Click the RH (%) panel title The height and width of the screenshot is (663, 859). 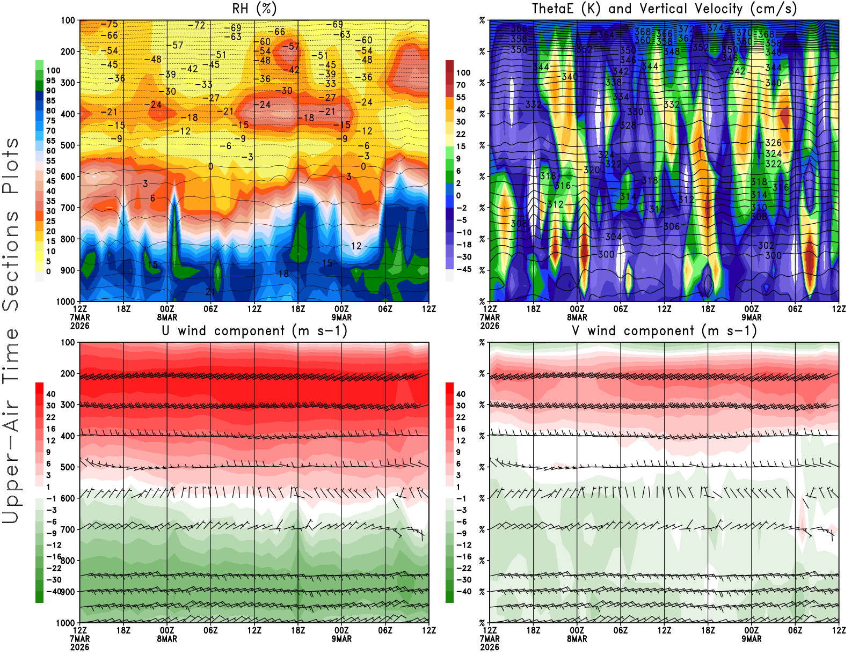point(254,9)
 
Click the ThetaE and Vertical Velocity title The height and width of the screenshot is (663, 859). point(664,9)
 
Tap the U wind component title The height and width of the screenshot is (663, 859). point(254,331)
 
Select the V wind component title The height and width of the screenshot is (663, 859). point(664,331)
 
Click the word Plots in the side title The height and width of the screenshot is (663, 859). point(11,166)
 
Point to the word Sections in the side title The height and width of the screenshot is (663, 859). point(11,260)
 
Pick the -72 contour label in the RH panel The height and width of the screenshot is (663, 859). point(196,25)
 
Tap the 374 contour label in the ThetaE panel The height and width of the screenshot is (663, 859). point(715,28)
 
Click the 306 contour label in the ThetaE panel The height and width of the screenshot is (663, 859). point(672,226)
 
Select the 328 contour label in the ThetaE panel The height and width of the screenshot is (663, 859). point(628,126)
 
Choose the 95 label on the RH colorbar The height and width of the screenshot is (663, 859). point(50,80)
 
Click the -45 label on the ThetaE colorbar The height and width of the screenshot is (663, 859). point(463,269)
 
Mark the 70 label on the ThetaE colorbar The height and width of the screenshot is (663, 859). point(461,85)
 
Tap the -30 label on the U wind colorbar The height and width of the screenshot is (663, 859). point(54,580)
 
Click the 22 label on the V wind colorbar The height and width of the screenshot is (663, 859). point(461,417)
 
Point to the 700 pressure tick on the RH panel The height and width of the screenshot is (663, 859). point(68,208)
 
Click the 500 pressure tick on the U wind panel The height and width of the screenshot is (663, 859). point(68,467)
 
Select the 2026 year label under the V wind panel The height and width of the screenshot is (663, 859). point(490,647)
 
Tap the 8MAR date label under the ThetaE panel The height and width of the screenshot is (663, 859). point(577,317)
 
